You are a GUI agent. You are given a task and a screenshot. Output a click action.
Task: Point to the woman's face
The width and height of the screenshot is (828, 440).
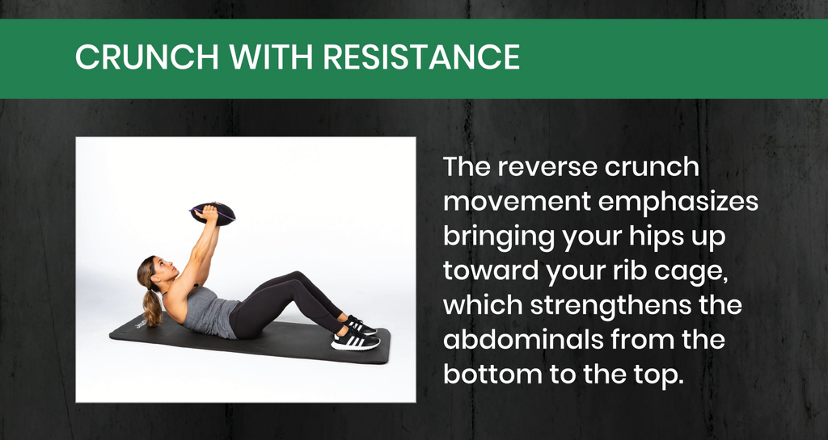click(165, 269)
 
